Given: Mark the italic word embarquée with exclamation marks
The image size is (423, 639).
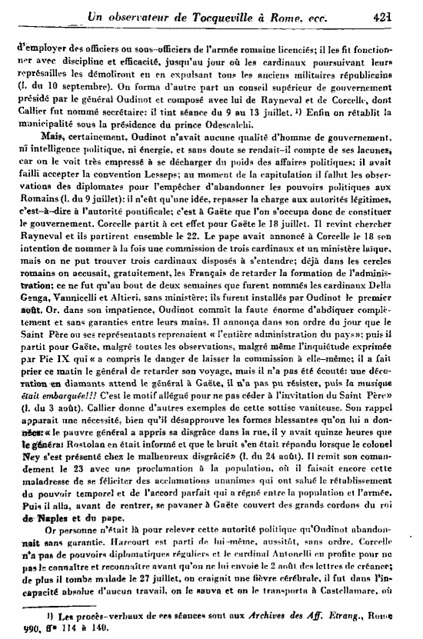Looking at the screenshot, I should click(x=48, y=374).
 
